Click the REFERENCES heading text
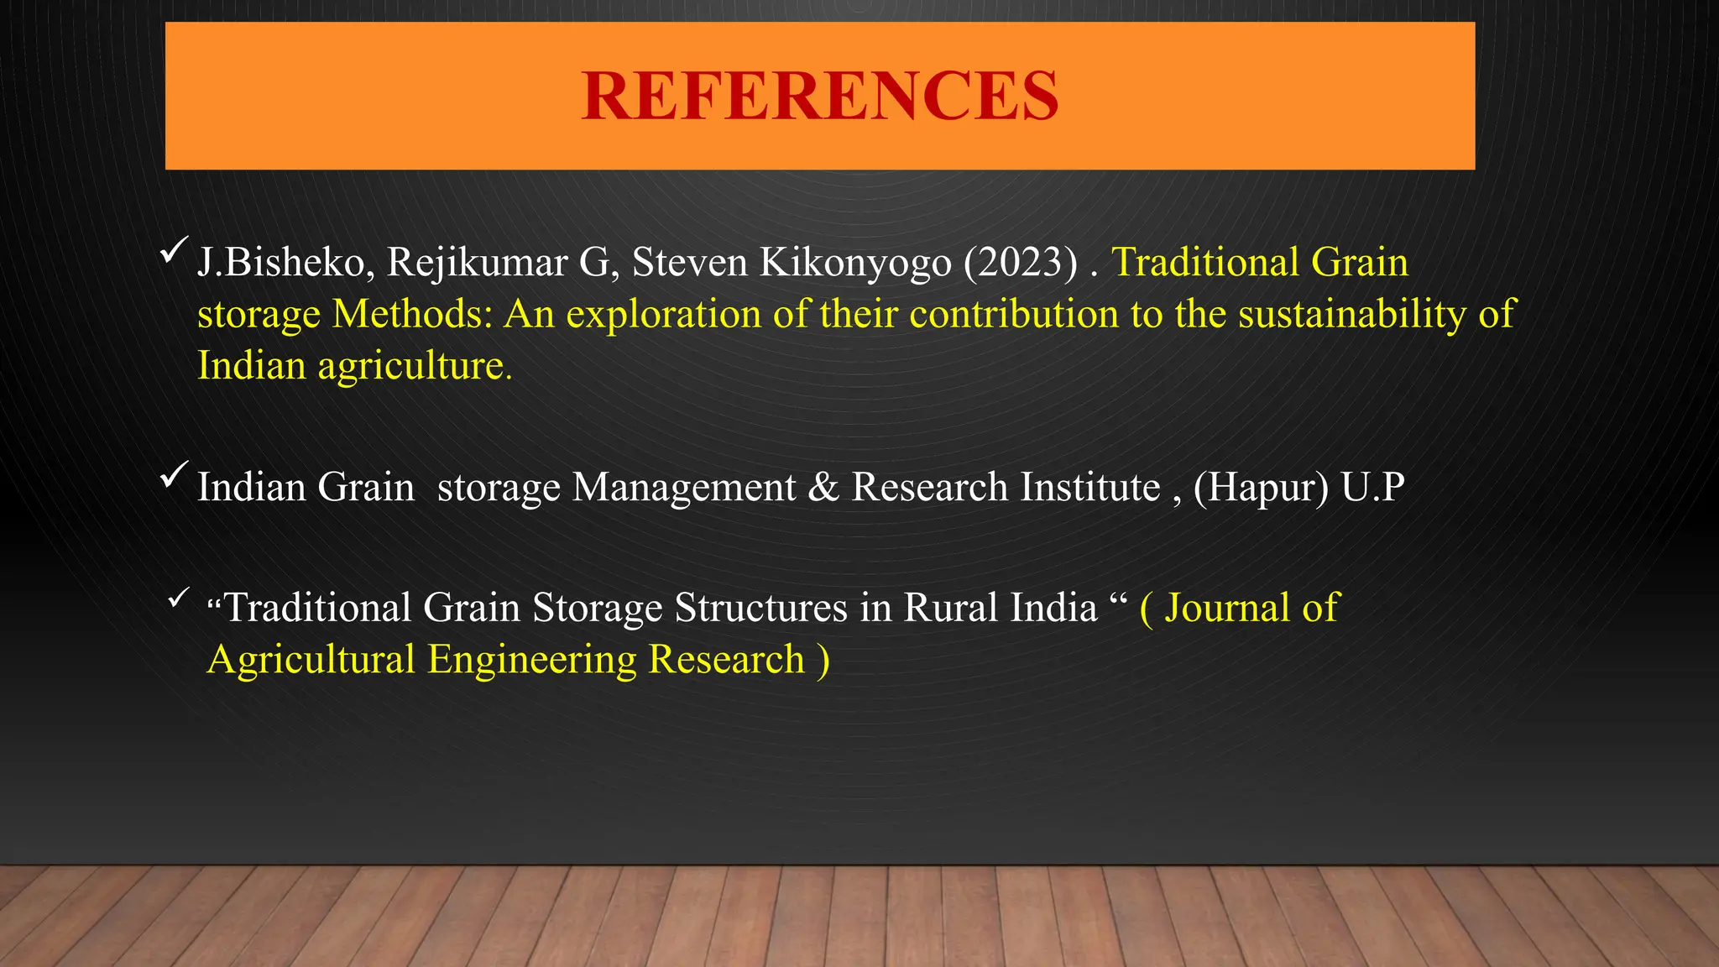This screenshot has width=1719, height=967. pyautogui.click(x=819, y=96)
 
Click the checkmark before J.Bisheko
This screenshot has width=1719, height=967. pyautogui.click(x=173, y=249)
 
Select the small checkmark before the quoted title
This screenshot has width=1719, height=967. pyautogui.click(x=178, y=598)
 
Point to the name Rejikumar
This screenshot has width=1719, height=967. pyautogui.click(x=477, y=263)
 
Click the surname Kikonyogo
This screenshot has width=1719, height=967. pyautogui.click(x=855, y=263)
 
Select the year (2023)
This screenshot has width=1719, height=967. pyautogui.click(x=1020, y=263)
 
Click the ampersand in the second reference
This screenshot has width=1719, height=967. pyautogui.click(x=823, y=488)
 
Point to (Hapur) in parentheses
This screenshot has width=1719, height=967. pyautogui.click(x=1261, y=488)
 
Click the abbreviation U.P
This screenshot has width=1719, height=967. pyautogui.click(x=1372, y=488)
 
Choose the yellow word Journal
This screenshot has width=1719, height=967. pyautogui.click(x=1226, y=608)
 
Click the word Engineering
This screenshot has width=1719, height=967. pyautogui.click(x=532, y=660)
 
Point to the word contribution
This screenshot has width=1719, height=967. pyautogui.click(x=1014, y=315)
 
